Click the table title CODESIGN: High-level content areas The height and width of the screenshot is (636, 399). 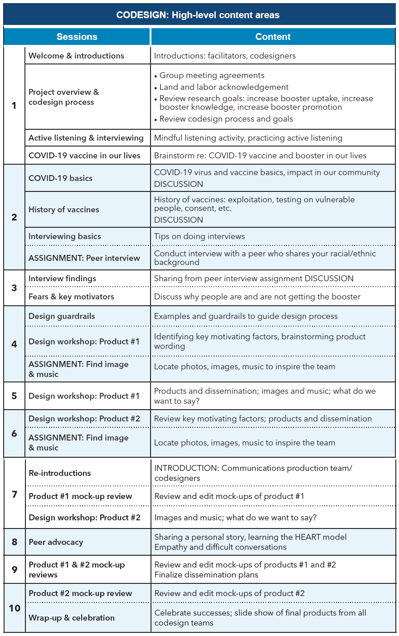[198, 15]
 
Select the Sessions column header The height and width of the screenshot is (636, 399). [77, 37]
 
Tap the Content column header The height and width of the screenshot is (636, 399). [273, 37]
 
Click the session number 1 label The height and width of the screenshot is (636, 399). [14, 105]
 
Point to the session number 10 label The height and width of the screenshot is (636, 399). [15, 608]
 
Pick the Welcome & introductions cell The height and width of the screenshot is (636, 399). [76, 56]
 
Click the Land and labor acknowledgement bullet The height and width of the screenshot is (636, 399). [224, 87]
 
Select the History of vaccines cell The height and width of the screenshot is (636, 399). [63, 210]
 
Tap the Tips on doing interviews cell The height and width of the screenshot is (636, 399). [199, 236]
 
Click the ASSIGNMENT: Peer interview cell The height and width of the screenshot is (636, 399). [84, 258]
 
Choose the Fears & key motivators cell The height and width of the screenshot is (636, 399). [71, 297]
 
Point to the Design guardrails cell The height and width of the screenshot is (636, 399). [62, 316]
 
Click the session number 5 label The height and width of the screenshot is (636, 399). [14, 396]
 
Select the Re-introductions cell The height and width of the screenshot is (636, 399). [60, 473]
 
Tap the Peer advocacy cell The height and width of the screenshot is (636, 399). [56, 542]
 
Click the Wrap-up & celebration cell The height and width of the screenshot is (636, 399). [72, 618]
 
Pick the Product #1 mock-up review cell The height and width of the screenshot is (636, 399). [80, 496]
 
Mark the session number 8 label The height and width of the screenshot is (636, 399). [15, 542]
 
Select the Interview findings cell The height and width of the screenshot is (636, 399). [62, 279]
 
